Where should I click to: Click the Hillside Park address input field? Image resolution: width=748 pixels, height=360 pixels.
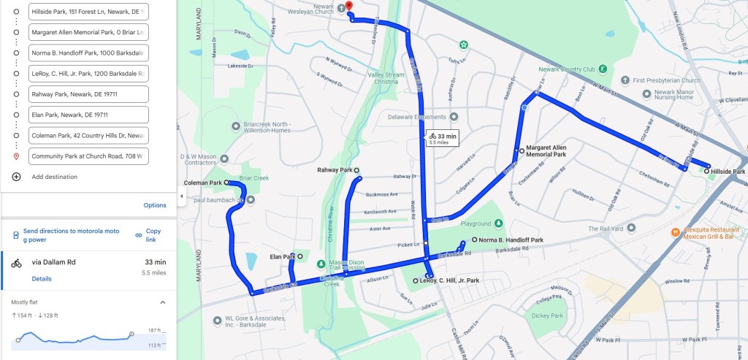click(88, 12)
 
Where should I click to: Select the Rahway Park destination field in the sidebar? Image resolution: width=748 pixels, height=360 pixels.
click(88, 94)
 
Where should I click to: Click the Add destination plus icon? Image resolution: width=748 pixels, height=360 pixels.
click(16, 177)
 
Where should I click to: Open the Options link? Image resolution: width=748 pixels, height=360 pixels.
click(155, 205)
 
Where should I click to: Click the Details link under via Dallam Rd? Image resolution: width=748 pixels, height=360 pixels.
click(42, 279)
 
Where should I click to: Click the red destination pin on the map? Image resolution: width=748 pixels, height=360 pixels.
click(348, 7)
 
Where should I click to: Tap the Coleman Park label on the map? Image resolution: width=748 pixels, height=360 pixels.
click(202, 183)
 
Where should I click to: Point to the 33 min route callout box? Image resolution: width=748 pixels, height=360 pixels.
click(443, 138)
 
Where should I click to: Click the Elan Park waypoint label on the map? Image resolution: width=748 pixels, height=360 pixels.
click(283, 257)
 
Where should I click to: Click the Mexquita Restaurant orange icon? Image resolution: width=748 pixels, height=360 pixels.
click(676, 232)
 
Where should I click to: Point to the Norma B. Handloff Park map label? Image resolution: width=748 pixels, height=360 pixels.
click(511, 240)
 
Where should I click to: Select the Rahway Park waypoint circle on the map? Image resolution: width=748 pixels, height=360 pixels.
click(357, 170)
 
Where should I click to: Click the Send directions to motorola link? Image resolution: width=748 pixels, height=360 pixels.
click(71, 235)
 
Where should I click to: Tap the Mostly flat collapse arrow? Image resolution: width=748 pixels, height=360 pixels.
click(162, 302)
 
